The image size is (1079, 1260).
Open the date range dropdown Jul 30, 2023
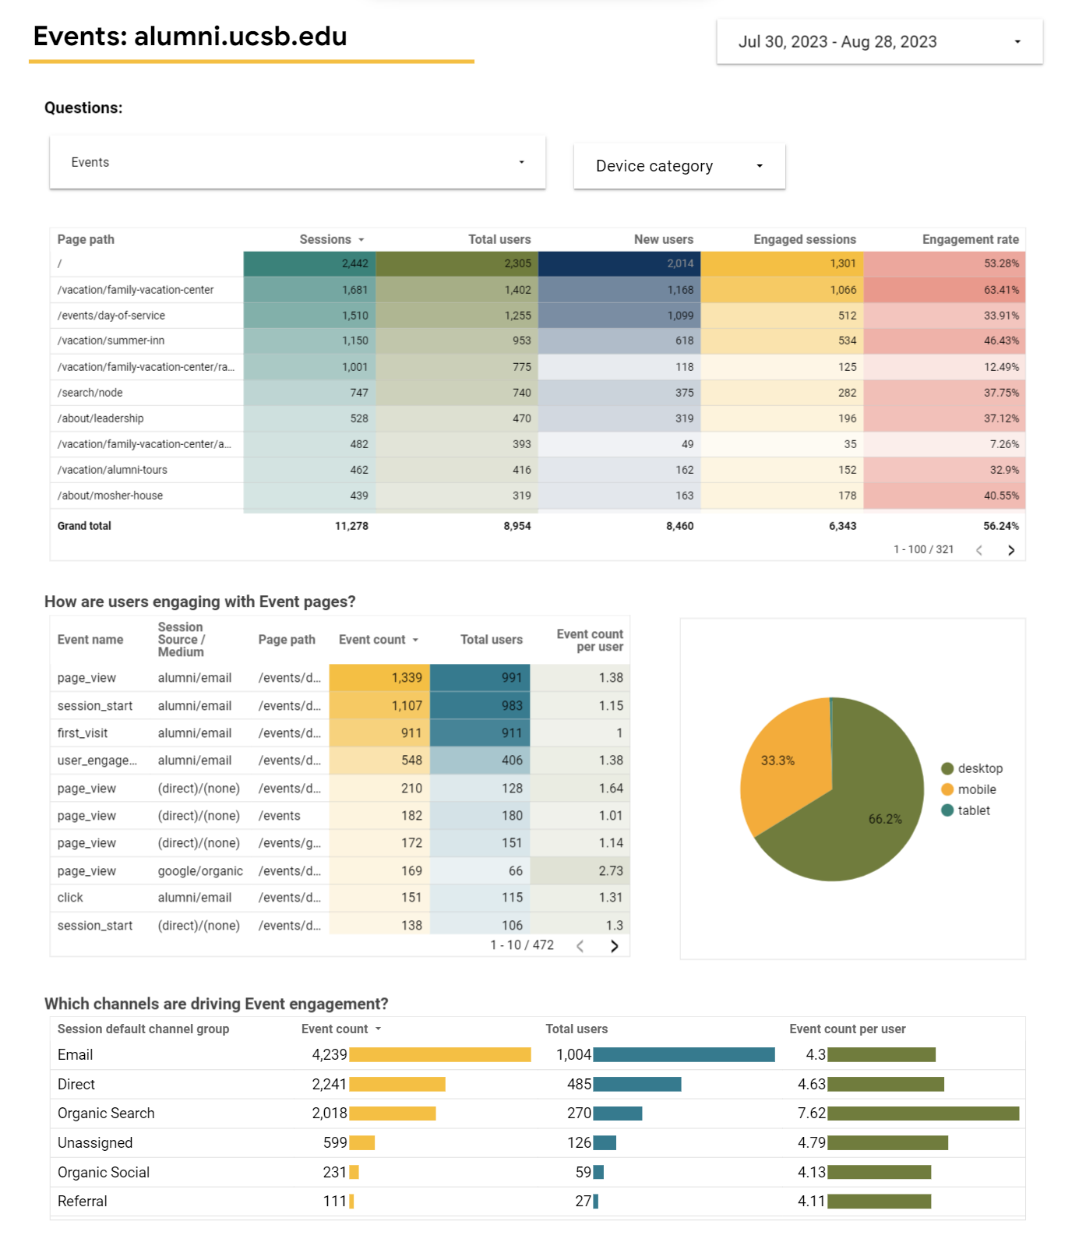coord(880,42)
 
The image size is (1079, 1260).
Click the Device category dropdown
coord(679,166)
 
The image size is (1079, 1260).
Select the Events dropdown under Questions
coord(298,162)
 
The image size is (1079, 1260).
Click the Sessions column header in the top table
coord(326,239)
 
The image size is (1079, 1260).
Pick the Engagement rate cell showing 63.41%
coord(944,290)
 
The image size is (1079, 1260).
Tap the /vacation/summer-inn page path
coord(111,341)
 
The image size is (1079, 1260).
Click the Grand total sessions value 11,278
coord(351,526)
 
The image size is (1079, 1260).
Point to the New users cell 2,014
coord(619,263)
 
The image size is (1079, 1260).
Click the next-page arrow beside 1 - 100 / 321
coord(1011,550)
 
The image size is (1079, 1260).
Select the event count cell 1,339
coord(379,678)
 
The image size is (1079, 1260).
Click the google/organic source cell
coord(200,871)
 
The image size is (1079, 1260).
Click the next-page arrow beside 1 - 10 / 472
coord(615,946)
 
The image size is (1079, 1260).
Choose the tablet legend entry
coord(966,810)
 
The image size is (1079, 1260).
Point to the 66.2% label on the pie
coord(885,819)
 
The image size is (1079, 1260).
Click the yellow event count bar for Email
coord(440,1055)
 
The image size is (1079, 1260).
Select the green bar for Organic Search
coord(923,1114)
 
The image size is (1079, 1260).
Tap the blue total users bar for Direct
coord(637,1084)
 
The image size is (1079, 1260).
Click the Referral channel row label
coord(83,1202)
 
